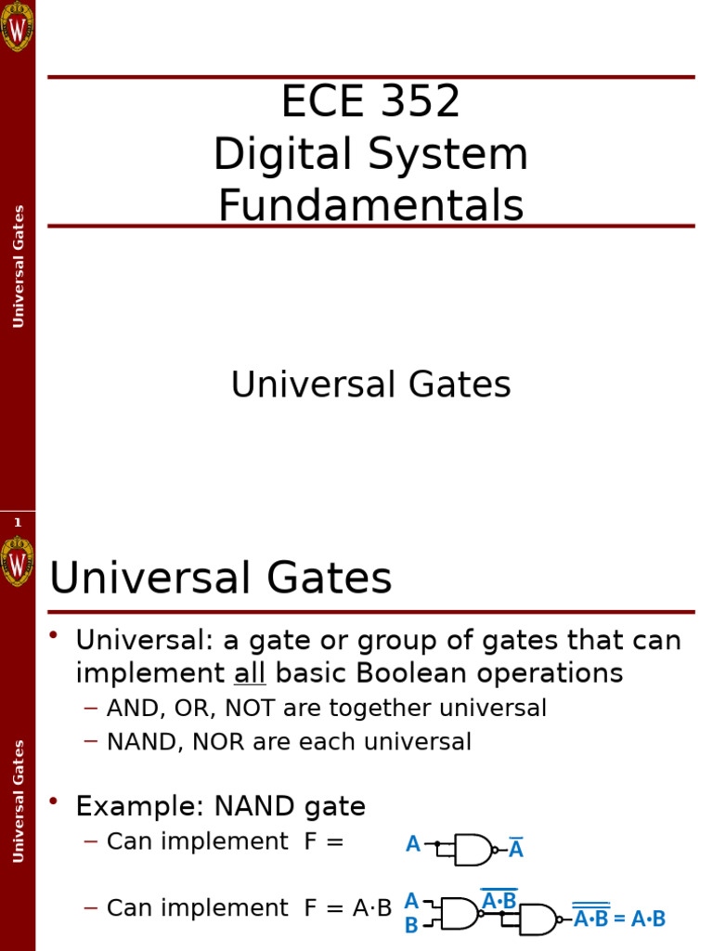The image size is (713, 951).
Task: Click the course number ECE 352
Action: pos(370,102)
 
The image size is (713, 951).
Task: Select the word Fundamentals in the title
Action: pos(370,206)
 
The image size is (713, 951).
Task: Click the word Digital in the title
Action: pos(272,154)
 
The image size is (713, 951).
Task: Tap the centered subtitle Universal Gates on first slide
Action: pos(370,384)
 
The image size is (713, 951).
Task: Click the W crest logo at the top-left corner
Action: pos(17,26)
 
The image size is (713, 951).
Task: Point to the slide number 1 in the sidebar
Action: pos(17,523)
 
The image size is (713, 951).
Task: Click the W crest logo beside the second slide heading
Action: pos(17,561)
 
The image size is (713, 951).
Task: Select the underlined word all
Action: pos(250,673)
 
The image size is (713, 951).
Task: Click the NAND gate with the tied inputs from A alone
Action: pos(473,849)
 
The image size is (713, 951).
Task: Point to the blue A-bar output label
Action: pos(516,849)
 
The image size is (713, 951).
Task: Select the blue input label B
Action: pos(410,925)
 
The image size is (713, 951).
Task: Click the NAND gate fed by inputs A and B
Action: pos(460,913)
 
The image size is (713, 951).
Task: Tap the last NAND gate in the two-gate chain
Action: pos(538,919)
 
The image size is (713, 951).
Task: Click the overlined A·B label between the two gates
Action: pos(499,900)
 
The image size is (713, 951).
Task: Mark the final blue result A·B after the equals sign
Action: pos(648,919)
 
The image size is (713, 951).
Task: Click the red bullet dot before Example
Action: pos(54,801)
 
